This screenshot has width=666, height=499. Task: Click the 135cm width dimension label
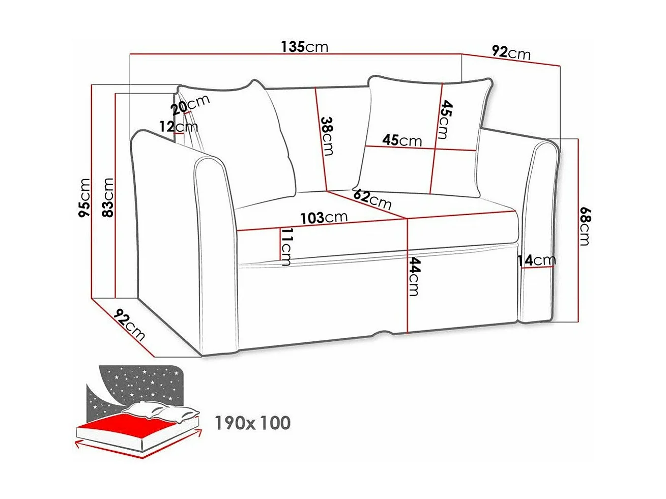tap(305, 47)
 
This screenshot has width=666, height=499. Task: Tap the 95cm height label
tap(84, 198)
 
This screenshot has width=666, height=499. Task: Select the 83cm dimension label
tap(108, 198)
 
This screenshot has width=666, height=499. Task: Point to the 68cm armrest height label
tap(585, 225)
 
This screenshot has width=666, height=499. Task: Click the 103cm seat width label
tap(324, 218)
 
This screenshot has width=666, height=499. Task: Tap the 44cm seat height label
tap(415, 277)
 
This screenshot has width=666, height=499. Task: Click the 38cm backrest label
tap(327, 136)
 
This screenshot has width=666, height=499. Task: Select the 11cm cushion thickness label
tap(286, 247)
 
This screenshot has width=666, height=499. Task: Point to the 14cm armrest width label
tap(536, 260)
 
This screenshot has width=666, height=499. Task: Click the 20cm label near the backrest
tap(190, 104)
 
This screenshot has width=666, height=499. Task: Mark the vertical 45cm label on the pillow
tap(445, 120)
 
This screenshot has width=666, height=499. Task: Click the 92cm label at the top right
tap(511, 52)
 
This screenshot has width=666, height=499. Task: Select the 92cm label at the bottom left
tap(129, 325)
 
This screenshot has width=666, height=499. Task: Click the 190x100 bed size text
tap(252, 423)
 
